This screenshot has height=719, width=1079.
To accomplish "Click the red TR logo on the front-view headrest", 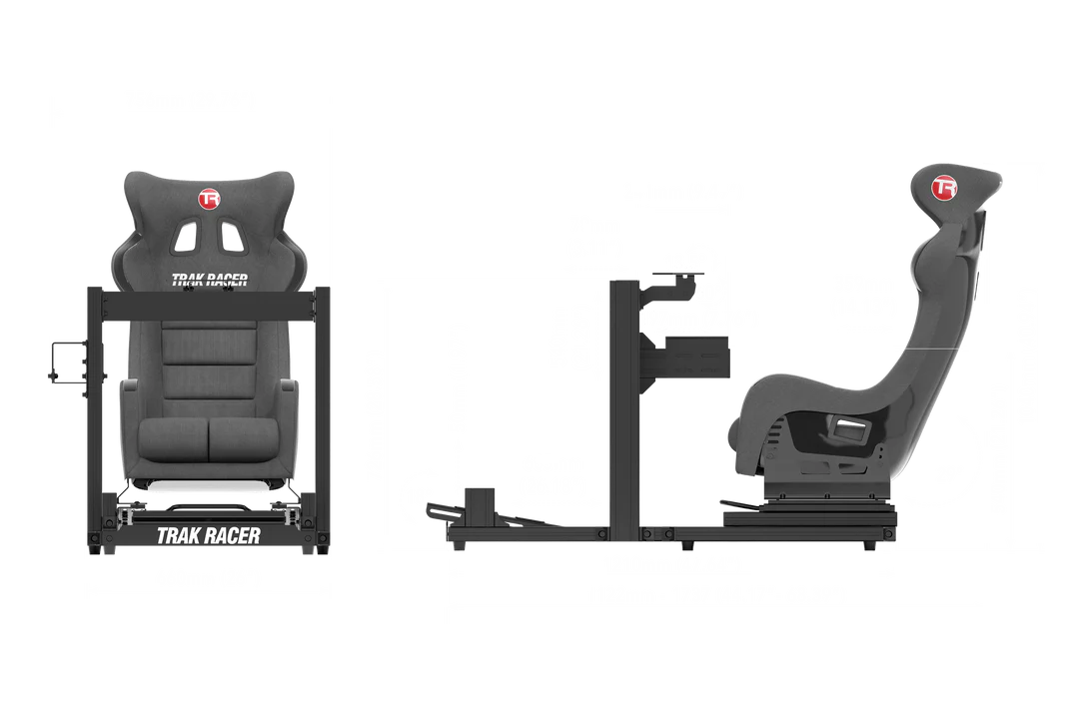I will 209,200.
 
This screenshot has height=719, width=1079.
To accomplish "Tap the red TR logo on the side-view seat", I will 944,188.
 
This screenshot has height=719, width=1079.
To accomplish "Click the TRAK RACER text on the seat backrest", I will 209,282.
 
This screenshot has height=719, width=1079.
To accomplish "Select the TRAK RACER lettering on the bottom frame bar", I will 208,536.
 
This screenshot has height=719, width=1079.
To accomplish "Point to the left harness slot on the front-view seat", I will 184,236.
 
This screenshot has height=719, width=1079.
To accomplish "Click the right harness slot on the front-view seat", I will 234,236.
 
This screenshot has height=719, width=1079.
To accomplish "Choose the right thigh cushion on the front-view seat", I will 242,437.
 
